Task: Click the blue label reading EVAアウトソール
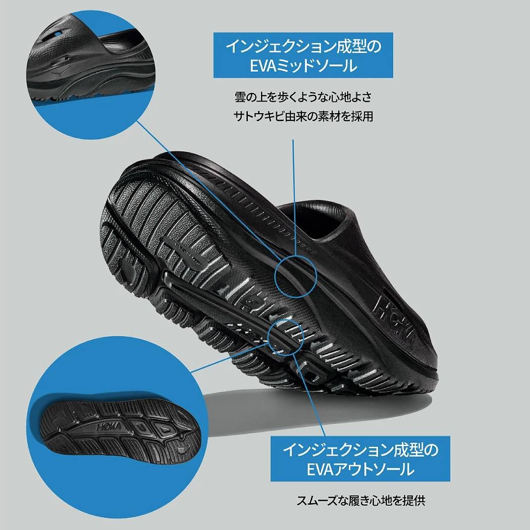(x=360, y=459)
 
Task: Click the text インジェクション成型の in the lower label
(x=360, y=449)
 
